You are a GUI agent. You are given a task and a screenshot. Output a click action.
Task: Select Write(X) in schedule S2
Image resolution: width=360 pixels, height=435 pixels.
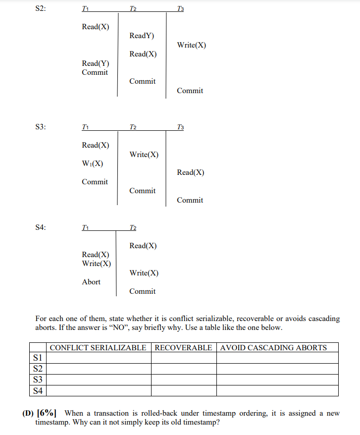[191, 45]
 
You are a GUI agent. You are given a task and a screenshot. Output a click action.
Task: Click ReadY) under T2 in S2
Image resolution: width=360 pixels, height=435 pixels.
[142, 36]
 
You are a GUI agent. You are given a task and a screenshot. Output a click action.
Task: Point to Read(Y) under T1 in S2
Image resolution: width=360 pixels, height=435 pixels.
[96, 63]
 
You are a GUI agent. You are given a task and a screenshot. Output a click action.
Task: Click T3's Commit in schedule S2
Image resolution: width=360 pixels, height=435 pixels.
[190, 91]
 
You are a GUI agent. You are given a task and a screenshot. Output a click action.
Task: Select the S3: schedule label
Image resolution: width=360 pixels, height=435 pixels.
[41, 127]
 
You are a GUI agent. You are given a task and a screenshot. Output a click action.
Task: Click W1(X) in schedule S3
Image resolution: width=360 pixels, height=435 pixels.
[93, 163]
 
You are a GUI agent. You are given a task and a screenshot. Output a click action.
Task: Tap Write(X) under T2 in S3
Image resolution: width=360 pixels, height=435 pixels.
[144, 155]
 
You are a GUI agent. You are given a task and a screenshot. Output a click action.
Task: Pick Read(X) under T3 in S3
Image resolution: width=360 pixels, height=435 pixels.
[191, 172]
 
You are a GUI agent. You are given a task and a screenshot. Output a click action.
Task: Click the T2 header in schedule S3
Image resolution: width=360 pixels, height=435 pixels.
[133, 127]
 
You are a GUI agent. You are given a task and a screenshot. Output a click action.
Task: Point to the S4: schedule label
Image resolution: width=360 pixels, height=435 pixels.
[41, 227]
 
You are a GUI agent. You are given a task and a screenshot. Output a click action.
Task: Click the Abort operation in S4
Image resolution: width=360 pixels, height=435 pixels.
[91, 282]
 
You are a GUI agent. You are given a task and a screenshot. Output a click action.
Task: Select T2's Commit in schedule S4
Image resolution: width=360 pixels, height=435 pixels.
[142, 291]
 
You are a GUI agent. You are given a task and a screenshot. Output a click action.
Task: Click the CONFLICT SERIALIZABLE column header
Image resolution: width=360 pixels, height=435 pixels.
[98, 347]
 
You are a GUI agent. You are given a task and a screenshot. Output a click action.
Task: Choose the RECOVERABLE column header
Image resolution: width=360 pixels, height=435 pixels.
[183, 347]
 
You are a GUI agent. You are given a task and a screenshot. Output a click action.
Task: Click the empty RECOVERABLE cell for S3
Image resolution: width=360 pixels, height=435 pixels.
[183, 380]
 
